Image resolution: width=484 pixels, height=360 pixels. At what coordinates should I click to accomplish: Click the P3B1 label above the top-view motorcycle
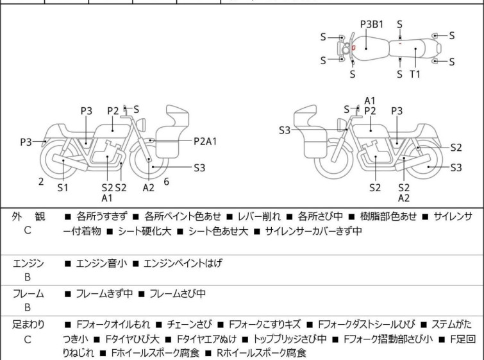[372, 24]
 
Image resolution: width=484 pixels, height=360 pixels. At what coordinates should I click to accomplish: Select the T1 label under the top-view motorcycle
[415, 74]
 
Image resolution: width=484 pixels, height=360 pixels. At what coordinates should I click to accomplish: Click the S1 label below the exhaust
[63, 187]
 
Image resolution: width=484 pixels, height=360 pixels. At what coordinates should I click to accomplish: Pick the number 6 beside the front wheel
[166, 182]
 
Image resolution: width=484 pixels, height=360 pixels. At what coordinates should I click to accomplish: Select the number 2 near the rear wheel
[41, 182]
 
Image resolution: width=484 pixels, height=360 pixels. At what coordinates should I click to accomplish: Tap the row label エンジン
[28, 262]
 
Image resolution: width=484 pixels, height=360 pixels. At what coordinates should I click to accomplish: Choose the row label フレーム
[28, 294]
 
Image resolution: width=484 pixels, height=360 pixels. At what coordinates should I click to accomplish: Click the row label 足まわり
[28, 325]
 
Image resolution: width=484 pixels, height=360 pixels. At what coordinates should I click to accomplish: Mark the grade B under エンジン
[28, 277]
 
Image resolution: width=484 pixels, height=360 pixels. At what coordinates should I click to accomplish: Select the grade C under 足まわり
[28, 339]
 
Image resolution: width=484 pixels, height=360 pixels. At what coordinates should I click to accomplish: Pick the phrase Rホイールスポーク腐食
[261, 353]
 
